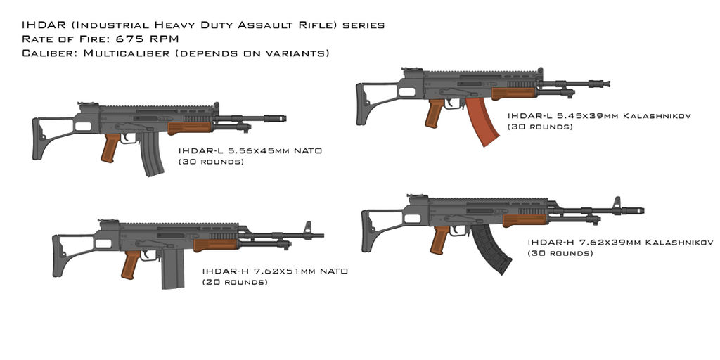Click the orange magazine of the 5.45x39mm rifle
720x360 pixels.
point(481,121)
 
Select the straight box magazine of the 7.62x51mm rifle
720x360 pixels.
point(173,269)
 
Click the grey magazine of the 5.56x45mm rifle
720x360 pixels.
point(152,156)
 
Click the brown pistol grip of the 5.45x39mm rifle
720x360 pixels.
point(434,112)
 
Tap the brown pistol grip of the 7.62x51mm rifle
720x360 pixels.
point(130,264)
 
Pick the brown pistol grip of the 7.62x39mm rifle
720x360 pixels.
point(440,240)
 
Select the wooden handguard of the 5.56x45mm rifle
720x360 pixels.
point(190,127)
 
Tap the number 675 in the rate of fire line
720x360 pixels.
point(127,39)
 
